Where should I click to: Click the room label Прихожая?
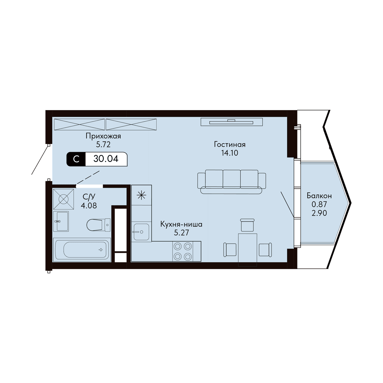pos(103,136)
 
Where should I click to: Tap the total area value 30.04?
pos(106,159)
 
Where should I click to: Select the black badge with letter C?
pos(76,159)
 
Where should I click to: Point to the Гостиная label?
pos(229,145)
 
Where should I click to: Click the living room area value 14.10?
pos(229,153)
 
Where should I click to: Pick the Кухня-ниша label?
pos(181,225)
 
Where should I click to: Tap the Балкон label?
pos(319,196)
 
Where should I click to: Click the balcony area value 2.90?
pos(319,213)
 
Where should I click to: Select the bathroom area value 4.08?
pos(89,206)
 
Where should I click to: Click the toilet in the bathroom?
pos(98,225)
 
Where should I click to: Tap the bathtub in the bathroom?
pos(82,250)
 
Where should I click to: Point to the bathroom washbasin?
pos(61,221)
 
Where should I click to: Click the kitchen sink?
pos(141,232)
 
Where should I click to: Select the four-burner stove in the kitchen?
pos(183,252)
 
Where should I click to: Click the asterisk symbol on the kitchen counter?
pos(141,195)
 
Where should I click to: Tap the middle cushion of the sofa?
pos(231,179)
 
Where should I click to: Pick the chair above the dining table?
pos(247,225)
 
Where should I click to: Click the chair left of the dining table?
pos(230,249)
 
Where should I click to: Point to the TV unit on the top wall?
pos(231,122)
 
